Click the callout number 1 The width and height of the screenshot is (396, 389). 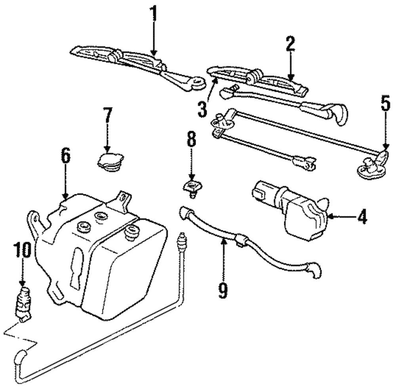coord(153,15)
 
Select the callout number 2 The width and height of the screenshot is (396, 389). coord(290,44)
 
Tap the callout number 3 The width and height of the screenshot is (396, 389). coord(203,108)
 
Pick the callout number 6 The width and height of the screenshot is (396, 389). coord(66,156)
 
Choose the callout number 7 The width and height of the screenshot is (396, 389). coord(107,116)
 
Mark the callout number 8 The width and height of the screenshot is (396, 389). coord(191,142)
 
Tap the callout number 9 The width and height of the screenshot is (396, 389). coord(223,290)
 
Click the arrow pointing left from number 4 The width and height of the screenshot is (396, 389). coord(339,216)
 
